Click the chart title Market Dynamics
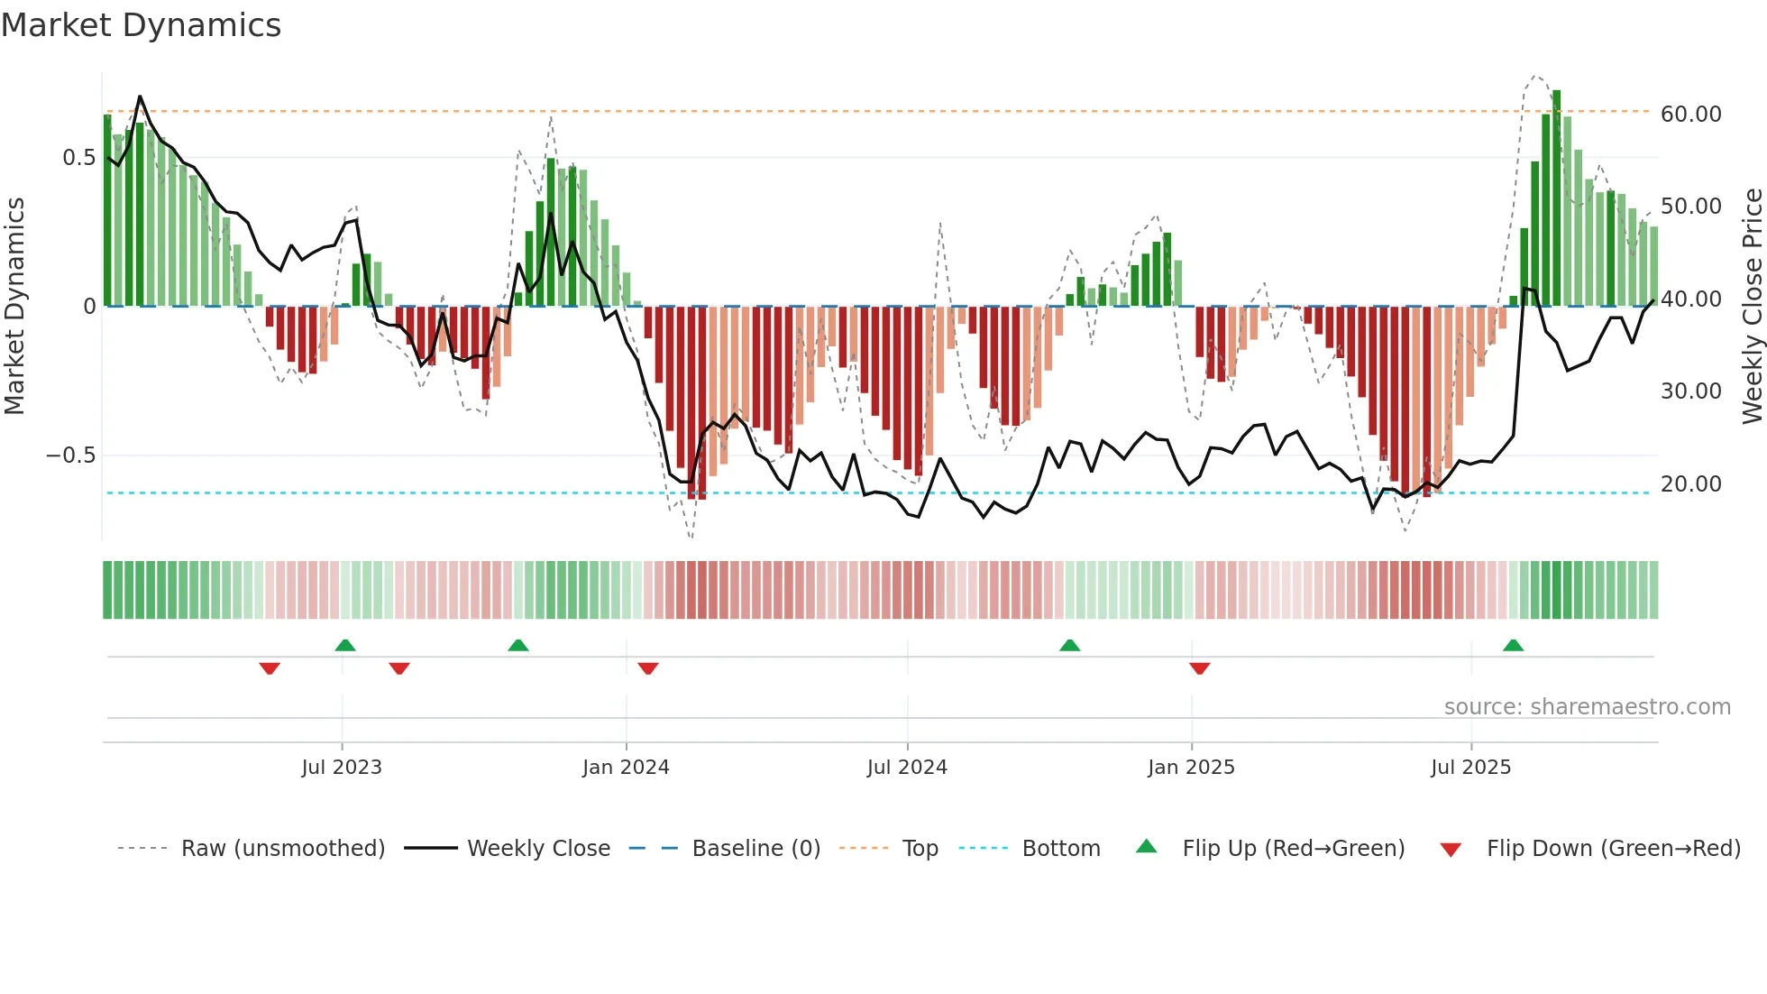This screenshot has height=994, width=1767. click(142, 25)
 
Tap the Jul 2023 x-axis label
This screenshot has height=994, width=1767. click(342, 768)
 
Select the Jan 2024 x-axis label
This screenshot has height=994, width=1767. click(626, 768)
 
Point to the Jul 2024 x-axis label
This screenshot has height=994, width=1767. click(907, 768)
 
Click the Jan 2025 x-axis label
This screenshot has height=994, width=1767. click(1191, 768)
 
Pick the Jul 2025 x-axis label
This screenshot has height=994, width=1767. click(1470, 768)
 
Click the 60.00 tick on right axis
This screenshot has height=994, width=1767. click(1691, 115)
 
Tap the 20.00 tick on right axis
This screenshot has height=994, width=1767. click(1691, 484)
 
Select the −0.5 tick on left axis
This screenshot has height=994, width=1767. click(70, 456)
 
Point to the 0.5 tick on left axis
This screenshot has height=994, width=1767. click(78, 158)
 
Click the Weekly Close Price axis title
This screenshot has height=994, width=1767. click(1752, 307)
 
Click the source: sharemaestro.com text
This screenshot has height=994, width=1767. click(1587, 707)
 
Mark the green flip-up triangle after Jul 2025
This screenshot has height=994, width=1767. click(1513, 646)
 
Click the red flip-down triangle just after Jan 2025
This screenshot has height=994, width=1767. click(1199, 668)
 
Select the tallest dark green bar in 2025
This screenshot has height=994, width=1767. click(1556, 198)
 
